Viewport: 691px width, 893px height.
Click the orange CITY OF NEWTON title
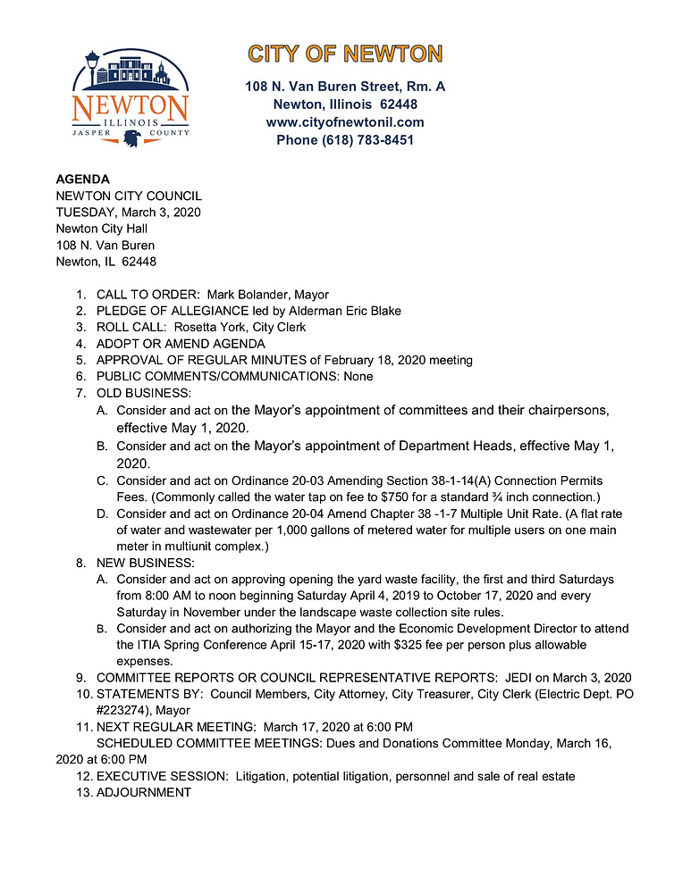pyautogui.click(x=345, y=54)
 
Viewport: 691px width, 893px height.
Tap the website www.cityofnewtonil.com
pyautogui.click(x=345, y=122)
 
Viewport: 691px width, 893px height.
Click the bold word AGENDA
pyautogui.click(x=83, y=179)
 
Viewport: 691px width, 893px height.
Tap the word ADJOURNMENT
pyautogui.click(x=143, y=792)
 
